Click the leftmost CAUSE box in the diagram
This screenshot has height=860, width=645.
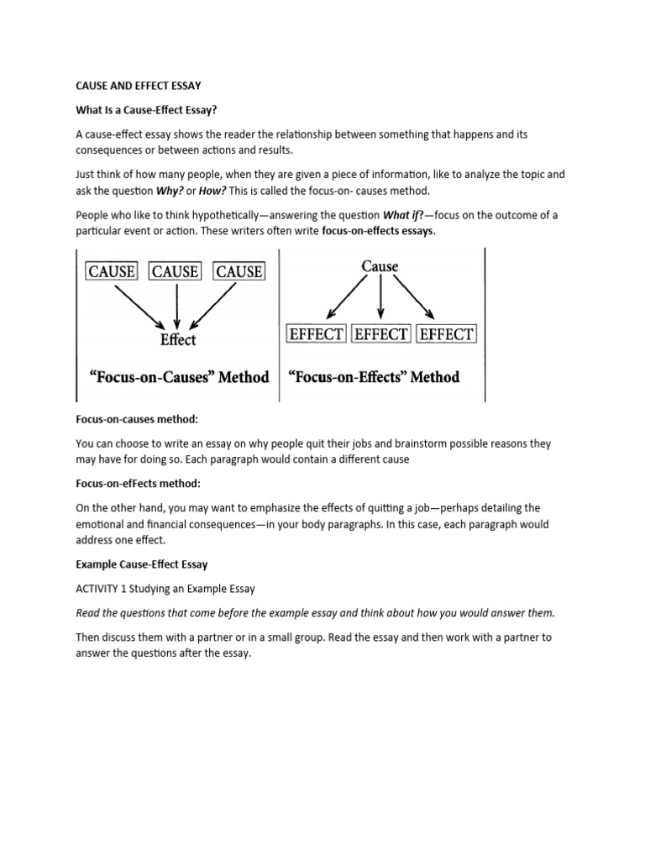[112, 271]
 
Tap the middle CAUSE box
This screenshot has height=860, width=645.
[176, 271]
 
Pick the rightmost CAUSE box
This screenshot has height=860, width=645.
[239, 271]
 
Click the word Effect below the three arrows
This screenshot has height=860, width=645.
[177, 339]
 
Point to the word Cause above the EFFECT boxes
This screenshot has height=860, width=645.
[380, 266]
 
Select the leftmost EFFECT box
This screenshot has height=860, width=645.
[316, 333]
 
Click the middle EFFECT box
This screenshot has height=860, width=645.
[381, 333]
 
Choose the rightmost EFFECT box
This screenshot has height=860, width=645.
[446, 333]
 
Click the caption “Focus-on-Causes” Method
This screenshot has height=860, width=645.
[179, 377]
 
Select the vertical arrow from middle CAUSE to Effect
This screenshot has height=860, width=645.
[176, 304]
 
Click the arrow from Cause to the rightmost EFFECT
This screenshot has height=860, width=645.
[413, 298]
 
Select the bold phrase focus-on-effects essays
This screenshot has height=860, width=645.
[379, 230]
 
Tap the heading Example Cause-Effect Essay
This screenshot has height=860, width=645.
[142, 565]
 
